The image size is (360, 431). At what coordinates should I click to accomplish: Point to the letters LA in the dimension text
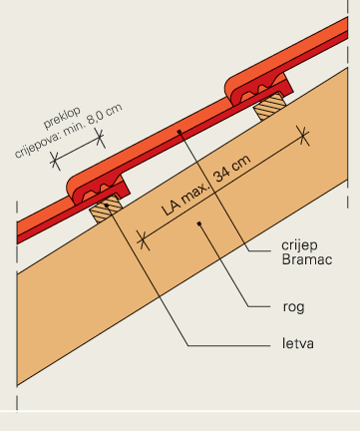(x=171, y=206)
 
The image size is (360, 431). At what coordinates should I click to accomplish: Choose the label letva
(x=294, y=346)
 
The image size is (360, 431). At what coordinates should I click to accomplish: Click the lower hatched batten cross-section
(x=103, y=213)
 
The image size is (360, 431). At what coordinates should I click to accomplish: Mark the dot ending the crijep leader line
(x=179, y=130)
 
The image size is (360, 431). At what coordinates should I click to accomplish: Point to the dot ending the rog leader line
(x=199, y=224)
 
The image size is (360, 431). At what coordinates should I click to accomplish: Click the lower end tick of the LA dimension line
(x=142, y=238)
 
